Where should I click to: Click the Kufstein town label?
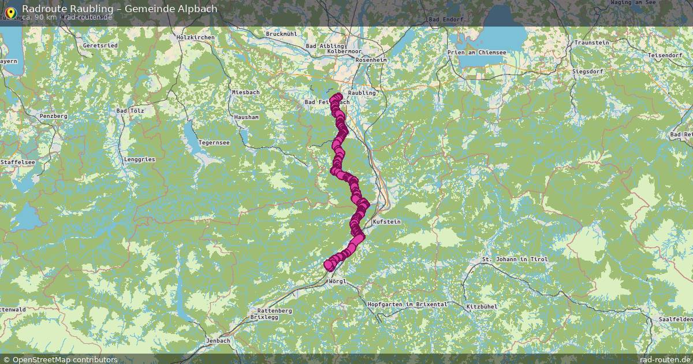coord(386,222)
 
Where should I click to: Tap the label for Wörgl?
coord(336,281)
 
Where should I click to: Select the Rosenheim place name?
coord(371,60)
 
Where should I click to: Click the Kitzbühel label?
coord(481,306)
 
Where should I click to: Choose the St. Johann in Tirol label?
coord(515,260)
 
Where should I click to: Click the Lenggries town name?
coord(139,159)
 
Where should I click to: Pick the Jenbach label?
coord(217,341)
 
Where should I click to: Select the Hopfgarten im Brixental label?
coord(407,304)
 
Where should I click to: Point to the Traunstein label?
coord(591,43)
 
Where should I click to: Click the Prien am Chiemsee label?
coord(477,53)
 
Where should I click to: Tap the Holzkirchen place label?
coord(195,38)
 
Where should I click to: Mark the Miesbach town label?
coord(245,92)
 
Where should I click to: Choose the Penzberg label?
coord(53,116)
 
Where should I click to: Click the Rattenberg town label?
coord(274,311)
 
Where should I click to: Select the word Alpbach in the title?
coord(198,9)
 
